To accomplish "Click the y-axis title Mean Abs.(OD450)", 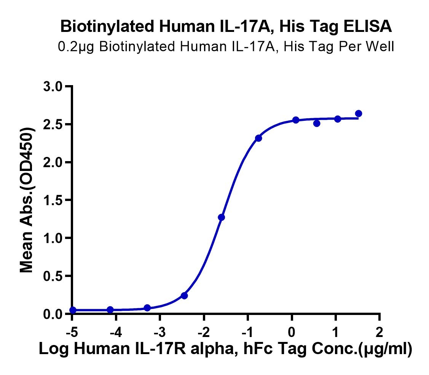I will coord(27,200).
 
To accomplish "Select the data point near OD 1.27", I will coord(222,217).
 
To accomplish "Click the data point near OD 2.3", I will coord(258,138).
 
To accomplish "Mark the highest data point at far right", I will coord(358,114).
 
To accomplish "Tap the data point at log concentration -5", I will coord(73,310).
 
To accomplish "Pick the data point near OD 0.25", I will coord(184,296).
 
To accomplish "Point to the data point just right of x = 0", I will coord(296,120).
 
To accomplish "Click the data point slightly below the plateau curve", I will coord(317,123).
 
